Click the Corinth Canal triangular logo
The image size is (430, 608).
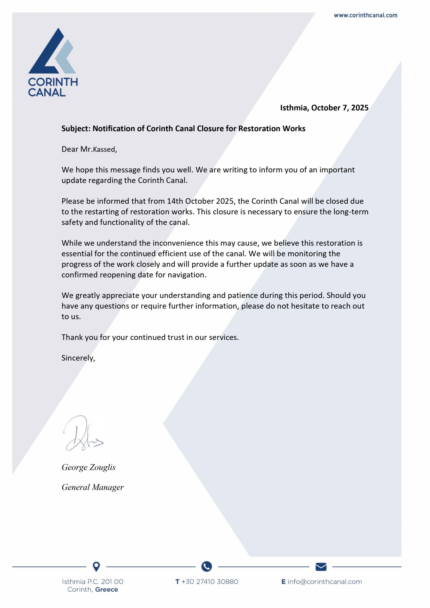pos(52,51)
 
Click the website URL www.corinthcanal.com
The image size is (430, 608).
pos(365,15)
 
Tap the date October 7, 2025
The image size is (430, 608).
pos(340,108)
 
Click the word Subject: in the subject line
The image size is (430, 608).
pos(76,129)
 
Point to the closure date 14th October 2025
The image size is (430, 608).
pos(200,201)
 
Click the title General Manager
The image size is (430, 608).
pos(92,487)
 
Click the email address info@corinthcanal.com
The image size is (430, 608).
pos(325,582)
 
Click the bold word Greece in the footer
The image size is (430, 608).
pos(106,590)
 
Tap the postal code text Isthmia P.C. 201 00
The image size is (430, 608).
pos(92,582)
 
